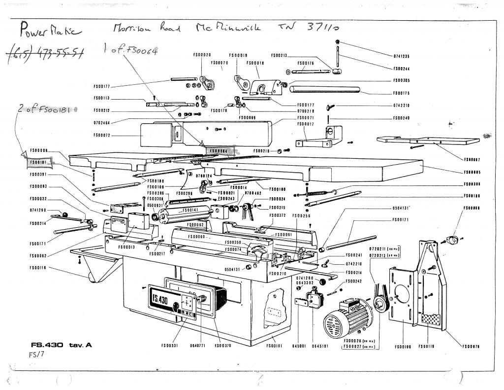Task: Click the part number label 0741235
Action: (402, 57)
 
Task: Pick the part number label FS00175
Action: (402, 93)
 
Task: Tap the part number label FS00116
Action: (38, 268)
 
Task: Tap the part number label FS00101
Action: (274, 346)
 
